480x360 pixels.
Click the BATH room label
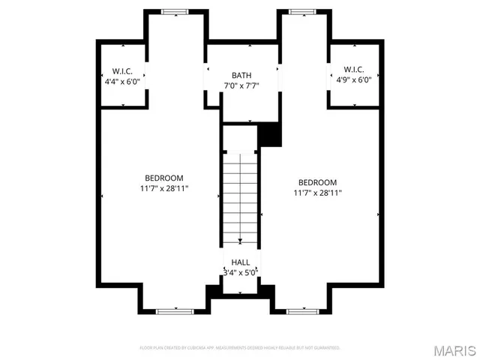point(241,75)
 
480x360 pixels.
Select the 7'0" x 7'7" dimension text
point(241,85)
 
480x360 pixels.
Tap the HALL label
point(241,262)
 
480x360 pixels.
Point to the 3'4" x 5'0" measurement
point(241,272)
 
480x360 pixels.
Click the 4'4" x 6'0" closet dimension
point(122,81)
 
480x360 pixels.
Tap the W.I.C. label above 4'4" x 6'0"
point(122,70)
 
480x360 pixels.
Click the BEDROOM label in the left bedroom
point(163,178)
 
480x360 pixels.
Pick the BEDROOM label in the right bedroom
point(317,182)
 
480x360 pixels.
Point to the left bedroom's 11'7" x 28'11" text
point(163,188)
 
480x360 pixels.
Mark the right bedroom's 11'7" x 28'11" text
point(317,193)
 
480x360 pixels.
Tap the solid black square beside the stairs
point(269,135)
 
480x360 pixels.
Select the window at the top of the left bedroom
point(175,11)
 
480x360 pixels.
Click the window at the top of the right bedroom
point(304,11)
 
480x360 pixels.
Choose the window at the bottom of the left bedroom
point(175,310)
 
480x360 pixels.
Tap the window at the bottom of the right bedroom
point(304,310)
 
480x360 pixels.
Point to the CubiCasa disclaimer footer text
point(240,348)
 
